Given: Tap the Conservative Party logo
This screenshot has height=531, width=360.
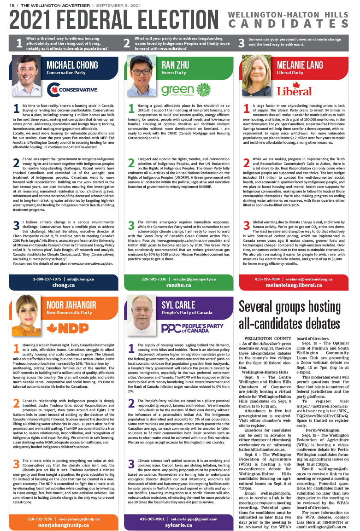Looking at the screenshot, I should click(72, 89).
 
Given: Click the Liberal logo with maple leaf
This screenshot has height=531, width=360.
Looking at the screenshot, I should click(295, 89).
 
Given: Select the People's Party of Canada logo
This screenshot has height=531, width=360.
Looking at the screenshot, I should click(192, 328).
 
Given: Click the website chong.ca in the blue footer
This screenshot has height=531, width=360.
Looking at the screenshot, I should click(64, 285).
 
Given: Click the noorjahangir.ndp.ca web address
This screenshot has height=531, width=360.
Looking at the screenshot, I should click(64, 525).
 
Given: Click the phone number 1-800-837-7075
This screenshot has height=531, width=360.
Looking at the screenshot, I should click(47, 279).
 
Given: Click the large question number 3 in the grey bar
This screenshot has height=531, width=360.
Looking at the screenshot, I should click(241, 43).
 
